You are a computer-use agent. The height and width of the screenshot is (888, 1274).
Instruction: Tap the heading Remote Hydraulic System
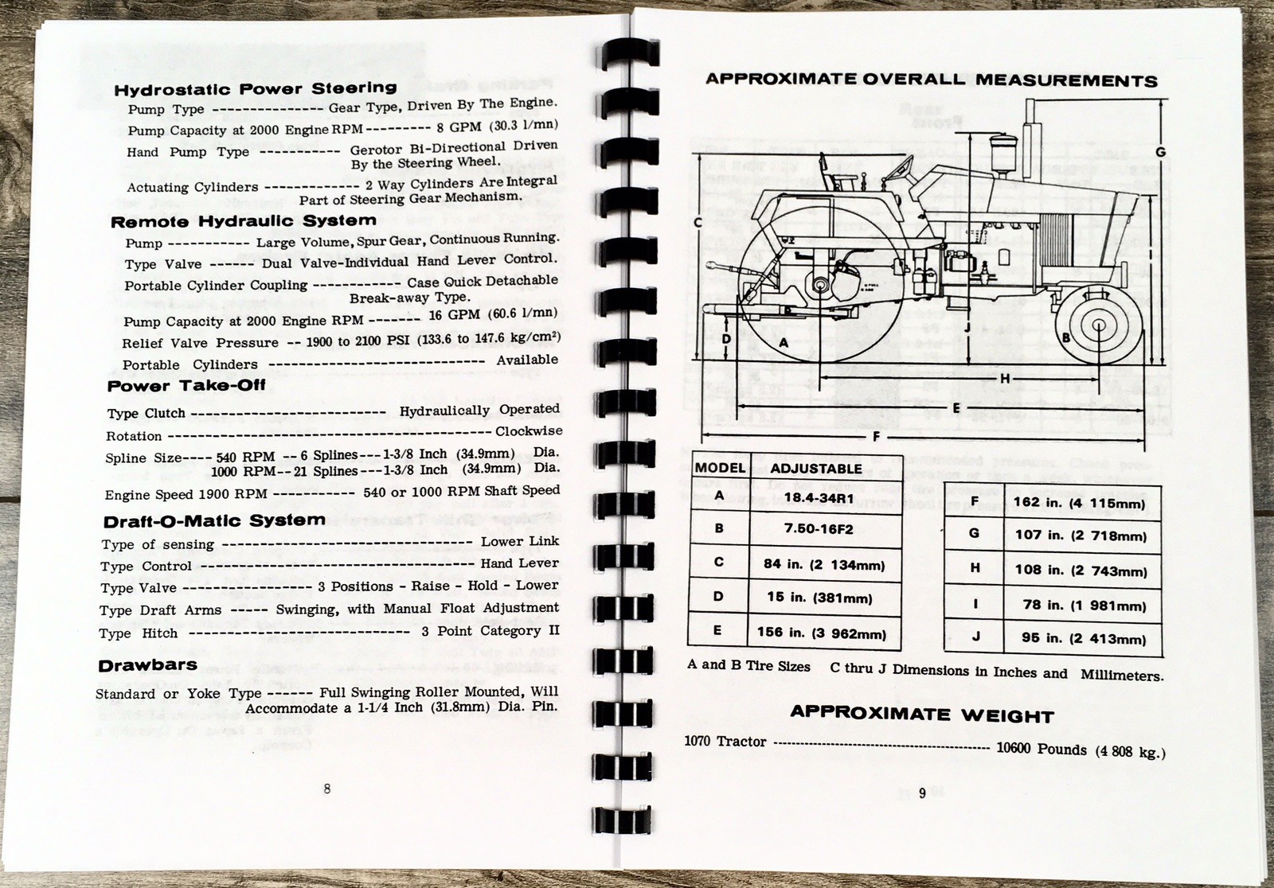(243, 221)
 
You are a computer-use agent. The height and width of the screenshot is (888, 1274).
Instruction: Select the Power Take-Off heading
(186, 386)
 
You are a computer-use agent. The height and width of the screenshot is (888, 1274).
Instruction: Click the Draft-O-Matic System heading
(214, 521)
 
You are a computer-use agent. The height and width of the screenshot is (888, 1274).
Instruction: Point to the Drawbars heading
(147, 665)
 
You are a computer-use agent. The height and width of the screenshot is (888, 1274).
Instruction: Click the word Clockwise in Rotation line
(529, 431)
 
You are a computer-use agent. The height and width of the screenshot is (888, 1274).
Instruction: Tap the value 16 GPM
(454, 315)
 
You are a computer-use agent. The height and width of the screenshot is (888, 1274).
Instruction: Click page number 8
(327, 789)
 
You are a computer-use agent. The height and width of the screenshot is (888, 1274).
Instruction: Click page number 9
(922, 793)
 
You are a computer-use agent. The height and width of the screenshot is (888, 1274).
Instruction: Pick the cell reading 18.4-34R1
(818, 496)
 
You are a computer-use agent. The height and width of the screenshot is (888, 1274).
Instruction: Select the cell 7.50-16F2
(818, 528)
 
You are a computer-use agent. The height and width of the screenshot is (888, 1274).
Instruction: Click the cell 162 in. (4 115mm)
(1079, 503)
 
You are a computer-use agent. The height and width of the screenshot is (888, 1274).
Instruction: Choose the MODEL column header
(720, 468)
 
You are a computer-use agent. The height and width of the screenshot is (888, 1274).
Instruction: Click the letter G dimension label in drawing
(1160, 152)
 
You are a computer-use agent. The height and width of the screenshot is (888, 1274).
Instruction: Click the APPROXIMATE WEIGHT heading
(921, 714)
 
